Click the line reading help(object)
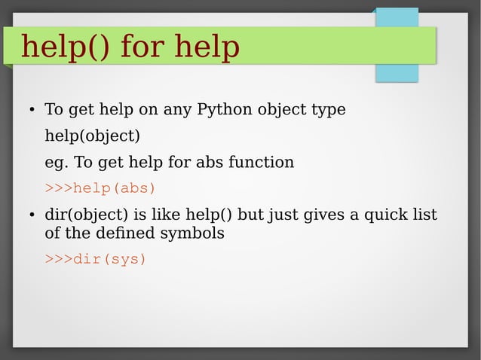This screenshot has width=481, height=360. pos(92,136)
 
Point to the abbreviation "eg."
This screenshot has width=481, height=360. pos(56,163)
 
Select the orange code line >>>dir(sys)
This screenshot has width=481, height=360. pos(96,259)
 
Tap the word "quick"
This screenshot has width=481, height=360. pos(384,215)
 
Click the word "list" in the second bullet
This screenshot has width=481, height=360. pos(424,215)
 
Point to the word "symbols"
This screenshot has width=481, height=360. pos(194,233)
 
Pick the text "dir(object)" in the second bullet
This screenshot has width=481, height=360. pos(84,215)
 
